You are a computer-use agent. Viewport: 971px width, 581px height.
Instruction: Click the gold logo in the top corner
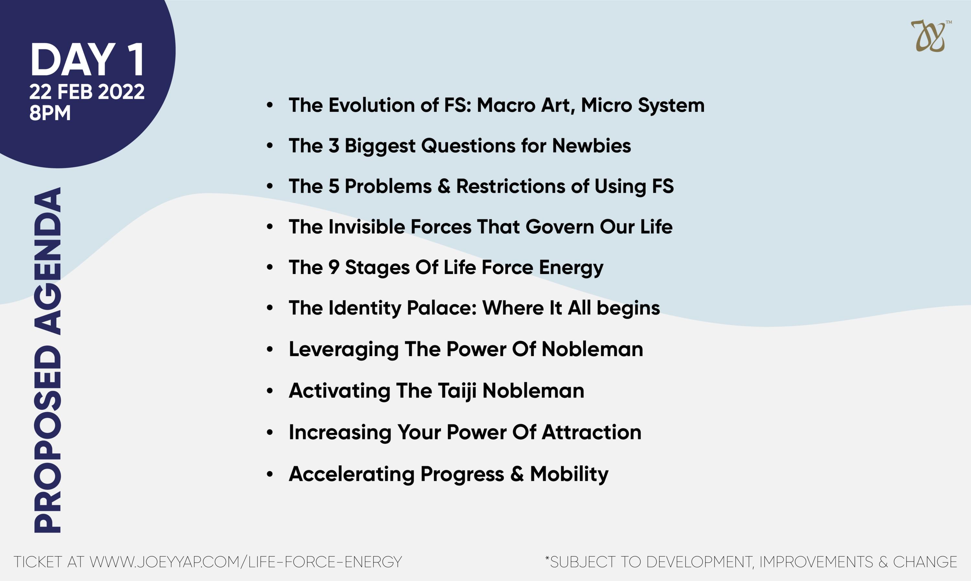click(x=930, y=36)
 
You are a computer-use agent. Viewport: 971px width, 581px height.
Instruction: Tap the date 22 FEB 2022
click(x=87, y=92)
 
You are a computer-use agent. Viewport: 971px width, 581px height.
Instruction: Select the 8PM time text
click(x=50, y=113)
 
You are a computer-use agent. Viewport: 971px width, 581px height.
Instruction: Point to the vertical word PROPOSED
click(x=48, y=439)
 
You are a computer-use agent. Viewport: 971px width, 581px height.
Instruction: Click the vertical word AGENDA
click(x=48, y=261)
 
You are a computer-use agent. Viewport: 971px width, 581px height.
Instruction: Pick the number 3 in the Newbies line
click(x=334, y=146)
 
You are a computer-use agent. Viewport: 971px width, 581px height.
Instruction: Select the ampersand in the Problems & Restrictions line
click(x=444, y=186)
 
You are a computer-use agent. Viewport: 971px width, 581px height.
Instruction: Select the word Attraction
click(x=592, y=432)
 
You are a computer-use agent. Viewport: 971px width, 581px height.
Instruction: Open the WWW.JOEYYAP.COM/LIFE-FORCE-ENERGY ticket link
click(x=246, y=562)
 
